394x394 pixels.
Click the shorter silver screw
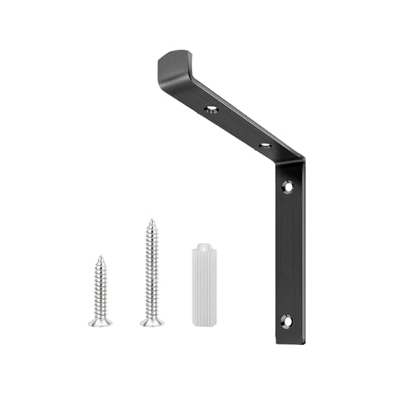coord(100,292)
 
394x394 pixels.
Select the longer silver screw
coord(151,272)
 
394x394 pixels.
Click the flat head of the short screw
coord(100,322)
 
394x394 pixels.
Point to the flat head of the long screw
coord(152,321)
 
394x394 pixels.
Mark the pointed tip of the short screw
coord(100,257)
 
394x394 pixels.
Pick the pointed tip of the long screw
coord(151,221)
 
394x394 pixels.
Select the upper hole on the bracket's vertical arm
coord(288,187)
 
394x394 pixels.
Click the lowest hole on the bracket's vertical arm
coord(286,321)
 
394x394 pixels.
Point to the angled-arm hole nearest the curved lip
coord(211,109)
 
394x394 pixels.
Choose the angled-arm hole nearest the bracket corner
coord(266,144)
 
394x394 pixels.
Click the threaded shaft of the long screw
coord(151,268)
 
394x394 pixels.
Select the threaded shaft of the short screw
coord(100,288)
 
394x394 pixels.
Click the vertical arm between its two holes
coord(288,252)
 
